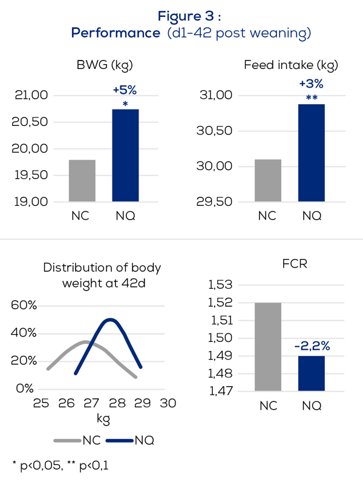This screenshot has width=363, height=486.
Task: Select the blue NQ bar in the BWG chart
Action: (125, 156)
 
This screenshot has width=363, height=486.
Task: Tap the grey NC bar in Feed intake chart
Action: (267, 180)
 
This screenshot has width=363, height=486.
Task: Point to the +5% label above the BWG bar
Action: (125, 91)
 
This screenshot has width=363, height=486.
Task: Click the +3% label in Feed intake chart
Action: (311, 84)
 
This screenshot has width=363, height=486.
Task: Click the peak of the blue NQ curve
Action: (110, 319)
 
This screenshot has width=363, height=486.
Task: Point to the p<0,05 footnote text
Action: (37, 465)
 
